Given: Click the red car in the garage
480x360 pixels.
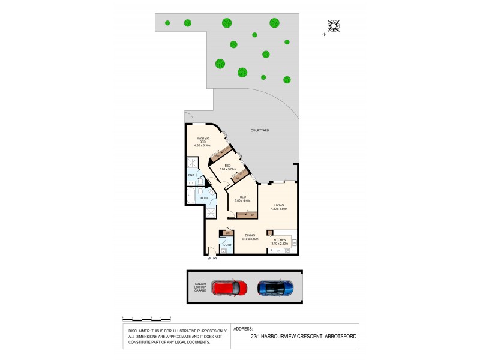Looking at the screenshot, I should [230, 288].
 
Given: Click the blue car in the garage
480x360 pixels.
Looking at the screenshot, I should [275, 288].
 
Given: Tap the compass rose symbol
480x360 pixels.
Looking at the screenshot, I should [334, 26].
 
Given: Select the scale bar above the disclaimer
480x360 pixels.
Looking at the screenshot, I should [147, 318].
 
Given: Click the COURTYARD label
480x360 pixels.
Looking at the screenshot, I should [260, 130].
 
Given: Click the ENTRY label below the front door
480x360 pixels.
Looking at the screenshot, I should [212, 259].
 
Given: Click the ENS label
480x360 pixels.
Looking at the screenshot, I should [191, 175].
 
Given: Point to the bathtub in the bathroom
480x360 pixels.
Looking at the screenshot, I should [190, 196].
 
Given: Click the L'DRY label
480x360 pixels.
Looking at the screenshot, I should [227, 245].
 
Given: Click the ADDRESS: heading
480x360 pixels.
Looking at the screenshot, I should [243, 329].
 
